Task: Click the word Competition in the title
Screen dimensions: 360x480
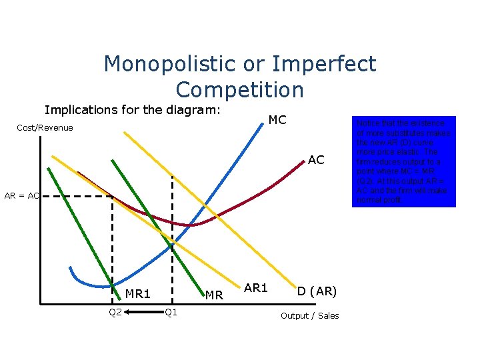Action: click(x=240, y=89)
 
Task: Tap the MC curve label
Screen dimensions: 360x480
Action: click(x=277, y=120)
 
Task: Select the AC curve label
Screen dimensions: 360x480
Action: click(x=316, y=160)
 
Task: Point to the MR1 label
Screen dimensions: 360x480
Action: click(x=138, y=293)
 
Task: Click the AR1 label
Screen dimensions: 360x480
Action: click(x=255, y=288)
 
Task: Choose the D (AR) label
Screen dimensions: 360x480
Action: click(x=317, y=291)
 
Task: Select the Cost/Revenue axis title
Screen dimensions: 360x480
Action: click(x=45, y=128)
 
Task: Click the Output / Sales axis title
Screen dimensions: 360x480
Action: click(x=309, y=315)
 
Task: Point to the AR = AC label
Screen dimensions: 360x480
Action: click(x=22, y=196)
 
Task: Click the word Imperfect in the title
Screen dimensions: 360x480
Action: click(x=324, y=65)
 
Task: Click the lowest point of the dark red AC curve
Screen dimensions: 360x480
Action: click(x=191, y=225)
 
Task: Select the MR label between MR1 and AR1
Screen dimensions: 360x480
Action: click(x=213, y=295)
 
